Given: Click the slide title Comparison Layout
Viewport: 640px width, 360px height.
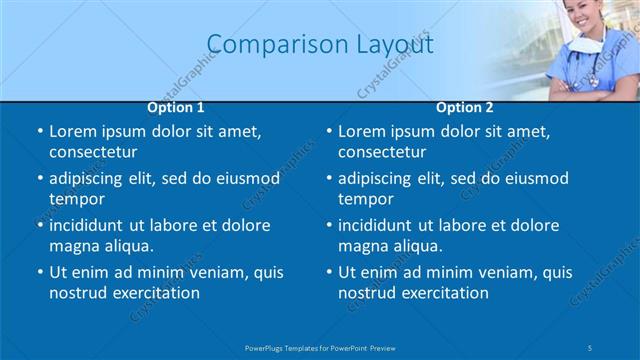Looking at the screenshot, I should click(x=320, y=44).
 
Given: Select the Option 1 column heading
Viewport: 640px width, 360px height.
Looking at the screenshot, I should click(x=176, y=107).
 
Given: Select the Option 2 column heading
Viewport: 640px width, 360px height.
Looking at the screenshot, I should click(x=465, y=107).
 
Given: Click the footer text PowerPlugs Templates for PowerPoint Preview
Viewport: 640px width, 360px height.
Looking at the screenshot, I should click(x=320, y=347).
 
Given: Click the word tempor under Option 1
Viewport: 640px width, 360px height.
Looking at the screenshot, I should click(x=77, y=199).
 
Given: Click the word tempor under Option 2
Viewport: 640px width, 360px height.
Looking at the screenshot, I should click(x=366, y=199).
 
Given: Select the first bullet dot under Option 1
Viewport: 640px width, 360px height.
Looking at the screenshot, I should click(x=40, y=132).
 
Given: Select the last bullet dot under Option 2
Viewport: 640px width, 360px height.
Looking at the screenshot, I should click(x=329, y=273).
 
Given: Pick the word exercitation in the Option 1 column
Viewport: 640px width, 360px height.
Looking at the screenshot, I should click(x=154, y=293).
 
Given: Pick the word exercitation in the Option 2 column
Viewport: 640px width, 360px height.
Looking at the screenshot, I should click(x=443, y=293).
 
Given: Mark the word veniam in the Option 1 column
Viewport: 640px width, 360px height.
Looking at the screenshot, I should click(x=219, y=272).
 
